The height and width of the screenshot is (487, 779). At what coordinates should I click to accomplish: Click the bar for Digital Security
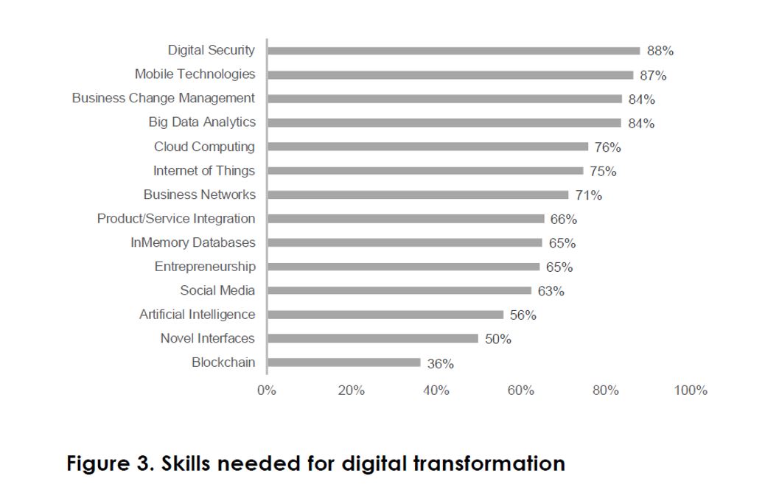(453, 51)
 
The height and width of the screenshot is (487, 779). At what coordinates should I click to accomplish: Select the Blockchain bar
(344, 362)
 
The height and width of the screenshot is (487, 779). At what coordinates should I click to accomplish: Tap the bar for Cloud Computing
(427, 147)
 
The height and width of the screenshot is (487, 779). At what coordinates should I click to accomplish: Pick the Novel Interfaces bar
(373, 339)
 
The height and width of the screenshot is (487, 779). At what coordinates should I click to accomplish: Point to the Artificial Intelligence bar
(385, 315)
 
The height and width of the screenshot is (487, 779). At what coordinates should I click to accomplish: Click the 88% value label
(660, 52)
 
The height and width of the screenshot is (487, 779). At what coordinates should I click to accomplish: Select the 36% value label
(440, 364)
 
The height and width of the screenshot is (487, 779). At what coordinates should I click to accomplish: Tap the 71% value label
(588, 196)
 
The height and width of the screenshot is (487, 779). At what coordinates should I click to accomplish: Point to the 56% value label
(523, 315)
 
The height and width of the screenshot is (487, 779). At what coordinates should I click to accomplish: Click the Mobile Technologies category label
(195, 74)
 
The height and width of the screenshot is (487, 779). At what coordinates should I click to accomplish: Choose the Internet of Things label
(203, 171)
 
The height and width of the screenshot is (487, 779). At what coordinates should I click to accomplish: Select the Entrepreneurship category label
(205, 267)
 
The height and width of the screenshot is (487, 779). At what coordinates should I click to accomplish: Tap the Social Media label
(217, 290)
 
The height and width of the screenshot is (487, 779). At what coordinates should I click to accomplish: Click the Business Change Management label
(163, 98)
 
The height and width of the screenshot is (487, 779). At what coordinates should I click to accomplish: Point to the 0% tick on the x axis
(266, 390)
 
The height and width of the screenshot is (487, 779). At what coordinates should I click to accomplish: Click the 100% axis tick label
(690, 390)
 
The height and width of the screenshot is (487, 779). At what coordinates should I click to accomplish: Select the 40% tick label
(436, 390)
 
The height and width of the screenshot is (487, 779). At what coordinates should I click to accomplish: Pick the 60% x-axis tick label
(520, 390)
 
